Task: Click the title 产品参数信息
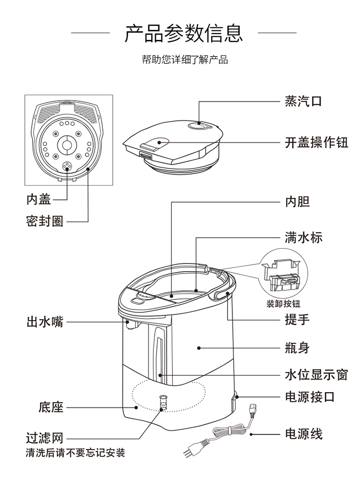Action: tap(184, 33)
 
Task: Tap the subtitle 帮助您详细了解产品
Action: tap(185, 60)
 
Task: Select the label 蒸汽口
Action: tap(303, 101)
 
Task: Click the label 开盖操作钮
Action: tap(316, 143)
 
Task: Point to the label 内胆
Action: tap(297, 202)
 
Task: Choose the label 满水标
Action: tap(303, 238)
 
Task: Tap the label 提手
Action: tap(297, 320)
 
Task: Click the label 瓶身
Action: tap(297, 348)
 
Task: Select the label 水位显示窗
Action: tap(316, 375)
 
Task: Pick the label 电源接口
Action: tap(310, 397)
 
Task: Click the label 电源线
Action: tap(303, 434)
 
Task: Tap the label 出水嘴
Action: tap(45, 322)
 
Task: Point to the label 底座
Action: tap(51, 407)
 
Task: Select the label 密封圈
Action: tap(45, 222)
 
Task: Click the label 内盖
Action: tap(38, 199)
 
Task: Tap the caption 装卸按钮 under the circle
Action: tap(283, 304)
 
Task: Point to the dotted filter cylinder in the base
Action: tap(163, 403)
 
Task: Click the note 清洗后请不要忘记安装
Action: tap(75, 453)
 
